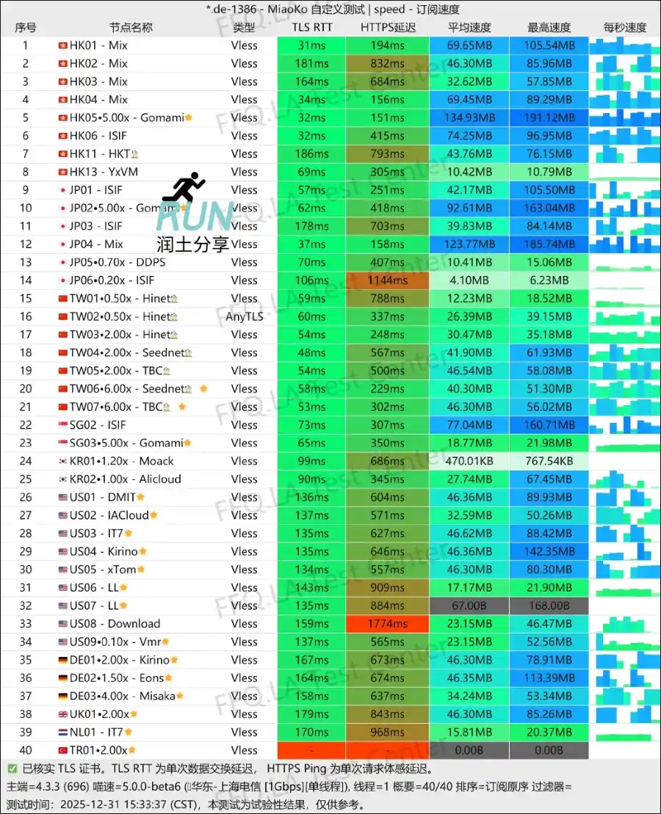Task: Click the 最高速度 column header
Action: click(x=549, y=28)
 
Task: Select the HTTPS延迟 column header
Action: click(x=388, y=28)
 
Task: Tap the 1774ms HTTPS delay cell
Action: click(x=388, y=624)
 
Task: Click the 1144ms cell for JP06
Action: click(x=388, y=280)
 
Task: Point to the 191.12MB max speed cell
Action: click(x=549, y=117)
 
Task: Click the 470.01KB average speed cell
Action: click(x=469, y=461)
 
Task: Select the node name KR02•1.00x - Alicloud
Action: click(x=125, y=479)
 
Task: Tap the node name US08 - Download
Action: click(x=115, y=624)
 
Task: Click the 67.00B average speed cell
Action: click(x=469, y=606)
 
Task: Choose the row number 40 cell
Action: click(x=26, y=750)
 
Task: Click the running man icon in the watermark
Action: click(x=184, y=188)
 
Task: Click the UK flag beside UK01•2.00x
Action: click(x=62, y=714)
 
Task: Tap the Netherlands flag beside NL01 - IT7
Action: click(x=62, y=733)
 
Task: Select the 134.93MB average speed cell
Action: click(x=469, y=117)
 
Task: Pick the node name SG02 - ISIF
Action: click(x=98, y=425)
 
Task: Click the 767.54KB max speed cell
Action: click(x=549, y=461)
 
